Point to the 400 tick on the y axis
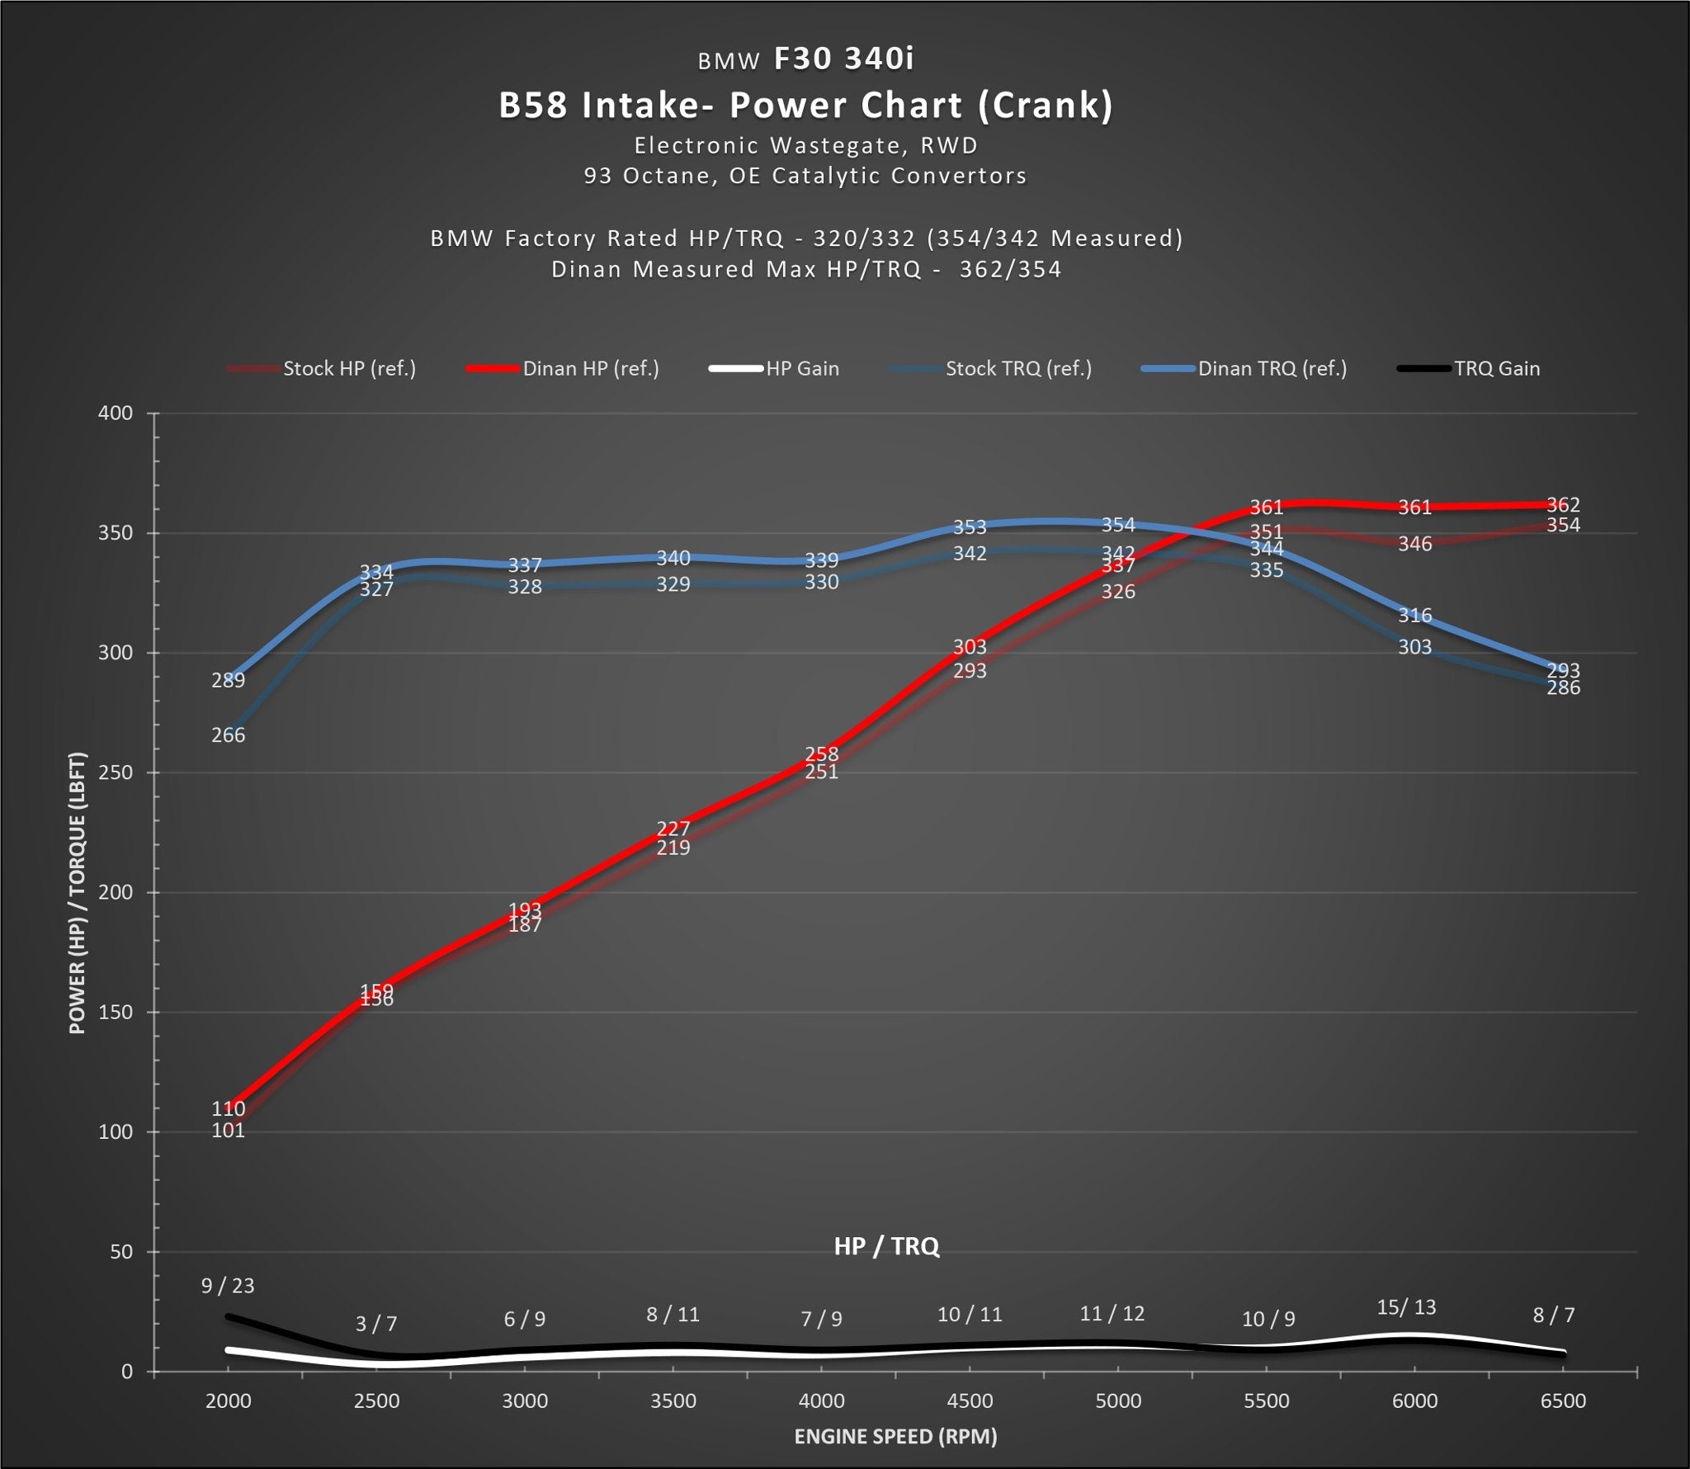(x=116, y=413)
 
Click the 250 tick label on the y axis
(x=116, y=772)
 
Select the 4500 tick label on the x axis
(x=970, y=1401)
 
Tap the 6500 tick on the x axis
(x=1563, y=1401)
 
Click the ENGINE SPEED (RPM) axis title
(x=895, y=1437)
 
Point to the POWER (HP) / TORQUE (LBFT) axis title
(x=77, y=892)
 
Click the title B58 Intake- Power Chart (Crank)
(x=805, y=106)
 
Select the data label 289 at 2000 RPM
(x=228, y=680)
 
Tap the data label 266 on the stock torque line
(x=228, y=734)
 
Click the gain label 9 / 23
(x=228, y=1285)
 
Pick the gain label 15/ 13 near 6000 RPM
(x=1406, y=1307)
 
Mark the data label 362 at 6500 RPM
(x=1563, y=504)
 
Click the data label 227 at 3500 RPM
(x=673, y=829)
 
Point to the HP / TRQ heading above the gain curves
(x=886, y=1245)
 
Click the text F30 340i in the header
(x=843, y=59)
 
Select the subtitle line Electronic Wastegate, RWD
(x=805, y=145)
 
